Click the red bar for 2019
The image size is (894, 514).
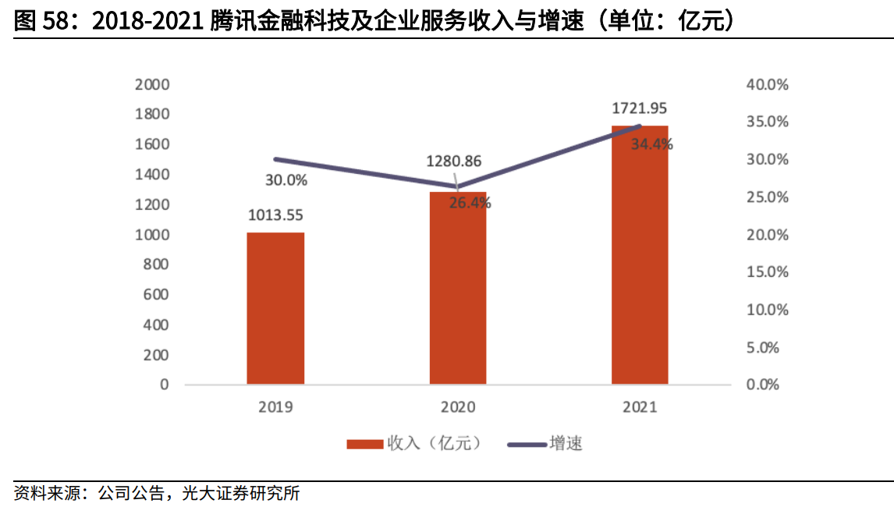275,308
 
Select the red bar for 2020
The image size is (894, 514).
458,289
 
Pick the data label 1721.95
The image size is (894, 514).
639,108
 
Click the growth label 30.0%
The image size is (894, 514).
286,181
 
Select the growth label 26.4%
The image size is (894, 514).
470,204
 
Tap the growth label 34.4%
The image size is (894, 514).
651,144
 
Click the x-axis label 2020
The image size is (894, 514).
458,406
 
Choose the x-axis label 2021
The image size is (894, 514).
640,406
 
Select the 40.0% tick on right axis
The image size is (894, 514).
768,84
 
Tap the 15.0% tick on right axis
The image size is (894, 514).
768,272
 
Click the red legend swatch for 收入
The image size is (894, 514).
365,444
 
